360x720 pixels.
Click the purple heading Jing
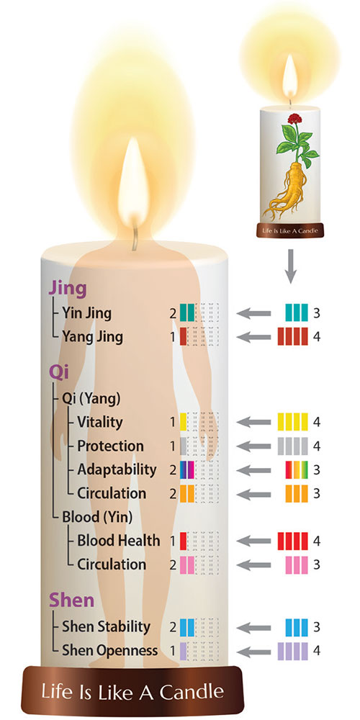(68, 289)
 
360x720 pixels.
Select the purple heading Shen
(71, 600)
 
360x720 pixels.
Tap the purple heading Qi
(58, 373)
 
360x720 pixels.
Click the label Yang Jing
(93, 338)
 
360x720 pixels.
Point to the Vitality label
(99, 422)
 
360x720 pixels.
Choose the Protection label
(110, 446)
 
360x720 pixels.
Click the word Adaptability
(117, 470)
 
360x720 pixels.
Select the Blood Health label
(119, 541)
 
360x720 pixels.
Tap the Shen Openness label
(109, 651)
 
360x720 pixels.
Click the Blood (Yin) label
(97, 518)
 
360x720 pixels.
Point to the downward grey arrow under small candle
(289, 266)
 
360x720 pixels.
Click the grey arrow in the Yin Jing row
(253, 314)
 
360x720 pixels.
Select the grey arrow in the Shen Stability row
(253, 627)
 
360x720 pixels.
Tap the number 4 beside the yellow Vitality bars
(316, 421)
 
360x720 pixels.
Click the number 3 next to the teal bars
(316, 314)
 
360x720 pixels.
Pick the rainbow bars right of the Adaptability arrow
(297, 469)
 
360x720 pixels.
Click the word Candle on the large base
(194, 691)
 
